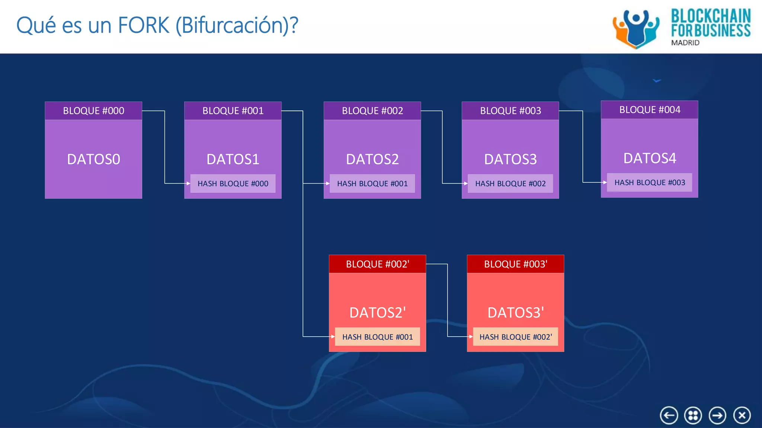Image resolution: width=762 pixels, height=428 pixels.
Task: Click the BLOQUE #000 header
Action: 93,111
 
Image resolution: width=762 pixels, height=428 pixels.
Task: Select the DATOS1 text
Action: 233,159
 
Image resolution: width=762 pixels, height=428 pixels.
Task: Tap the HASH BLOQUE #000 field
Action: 233,184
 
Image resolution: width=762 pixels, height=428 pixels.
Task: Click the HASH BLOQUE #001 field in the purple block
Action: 372,184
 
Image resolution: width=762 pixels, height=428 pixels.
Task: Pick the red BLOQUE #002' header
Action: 377,264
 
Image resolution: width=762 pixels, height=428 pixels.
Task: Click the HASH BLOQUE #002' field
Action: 515,337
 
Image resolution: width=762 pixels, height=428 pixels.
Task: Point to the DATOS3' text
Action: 515,312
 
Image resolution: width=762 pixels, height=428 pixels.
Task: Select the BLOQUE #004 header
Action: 650,110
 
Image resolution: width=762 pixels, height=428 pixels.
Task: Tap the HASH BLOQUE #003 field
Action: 650,182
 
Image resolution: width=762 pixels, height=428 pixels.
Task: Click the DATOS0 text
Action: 93,159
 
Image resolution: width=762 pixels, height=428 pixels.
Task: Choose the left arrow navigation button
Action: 669,415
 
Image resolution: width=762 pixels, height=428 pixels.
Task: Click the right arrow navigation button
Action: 717,415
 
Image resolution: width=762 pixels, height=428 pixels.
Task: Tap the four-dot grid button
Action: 693,415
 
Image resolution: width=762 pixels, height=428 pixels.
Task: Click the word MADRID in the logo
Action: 685,43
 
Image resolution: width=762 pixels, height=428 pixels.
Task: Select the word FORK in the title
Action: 143,25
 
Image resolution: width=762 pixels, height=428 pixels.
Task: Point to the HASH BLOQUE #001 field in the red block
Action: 377,337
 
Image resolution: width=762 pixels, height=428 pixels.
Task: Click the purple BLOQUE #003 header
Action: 510,111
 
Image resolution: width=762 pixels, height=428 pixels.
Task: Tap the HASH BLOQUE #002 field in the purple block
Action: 510,184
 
